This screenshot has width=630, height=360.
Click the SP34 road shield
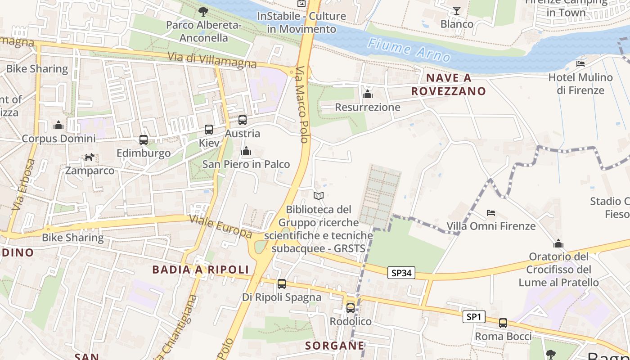tap(401, 273)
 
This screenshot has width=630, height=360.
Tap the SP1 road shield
tap(474, 317)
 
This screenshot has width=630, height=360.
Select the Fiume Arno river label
tap(409, 50)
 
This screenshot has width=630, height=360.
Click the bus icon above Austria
tap(243, 120)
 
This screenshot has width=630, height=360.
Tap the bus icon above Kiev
tap(209, 130)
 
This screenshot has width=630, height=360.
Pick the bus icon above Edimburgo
tap(144, 140)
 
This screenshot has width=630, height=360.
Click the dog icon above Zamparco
tap(90, 157)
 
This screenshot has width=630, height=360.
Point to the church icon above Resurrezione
tap(368, 94)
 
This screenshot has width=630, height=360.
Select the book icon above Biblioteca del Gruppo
tap(319, 196)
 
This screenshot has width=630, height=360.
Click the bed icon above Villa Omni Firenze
tap(491, 212)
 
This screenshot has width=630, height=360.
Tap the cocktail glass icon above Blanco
tap(457, 10)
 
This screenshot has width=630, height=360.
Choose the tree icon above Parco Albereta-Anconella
tap(203, 11)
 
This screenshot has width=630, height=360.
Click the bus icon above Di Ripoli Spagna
tap(282, 284)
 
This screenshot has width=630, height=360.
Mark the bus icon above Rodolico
tap(351, 308)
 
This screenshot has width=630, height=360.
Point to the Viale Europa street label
tap(220, 226)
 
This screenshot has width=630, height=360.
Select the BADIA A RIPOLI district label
tap(200, 270)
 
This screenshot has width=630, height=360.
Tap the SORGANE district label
tap(335, 346)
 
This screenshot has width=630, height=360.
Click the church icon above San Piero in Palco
tap(246, 151)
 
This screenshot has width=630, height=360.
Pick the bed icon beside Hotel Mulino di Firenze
tap(580, 64)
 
